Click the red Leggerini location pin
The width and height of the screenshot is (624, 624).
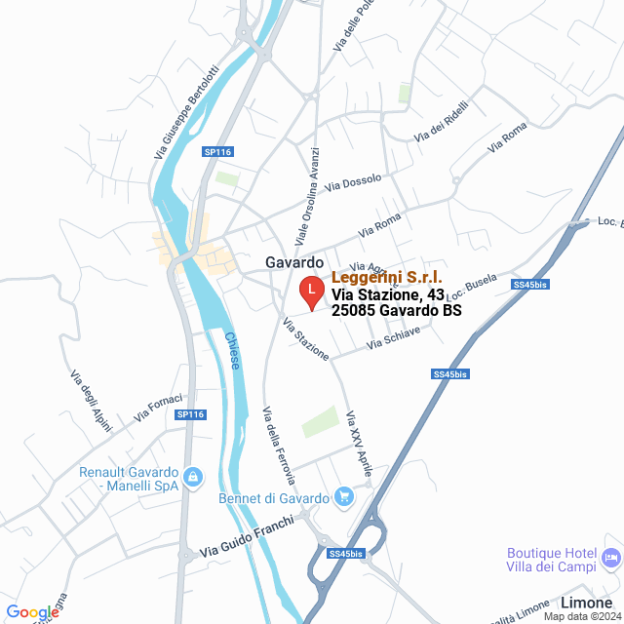(310, 291)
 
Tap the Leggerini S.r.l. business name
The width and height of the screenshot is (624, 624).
(387, 278)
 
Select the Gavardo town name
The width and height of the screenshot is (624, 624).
(294, 262)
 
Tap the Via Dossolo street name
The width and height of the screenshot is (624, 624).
(354, 181)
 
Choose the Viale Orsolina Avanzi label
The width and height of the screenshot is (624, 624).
(307, 196)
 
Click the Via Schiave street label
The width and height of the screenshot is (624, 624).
(394, 338)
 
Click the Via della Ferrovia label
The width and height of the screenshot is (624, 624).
(279, 445)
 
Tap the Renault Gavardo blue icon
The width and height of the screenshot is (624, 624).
(193, 477)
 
